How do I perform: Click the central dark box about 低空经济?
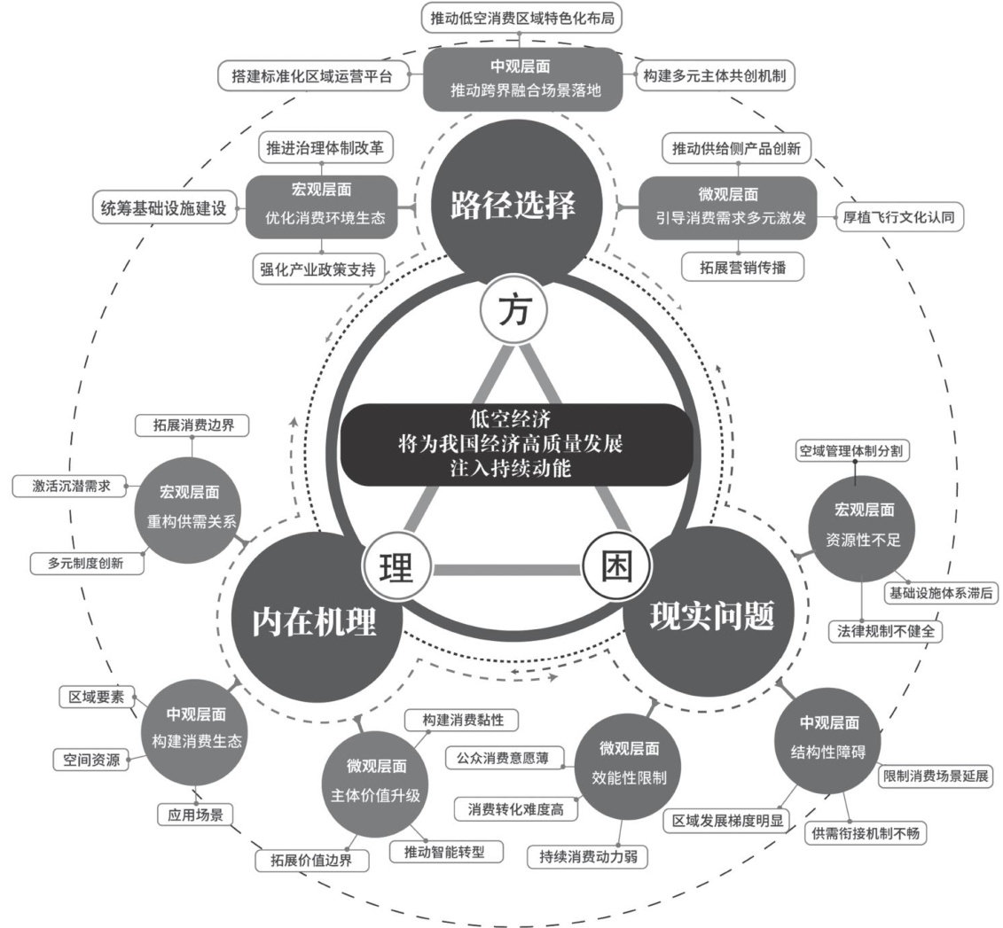(x=513, y=444)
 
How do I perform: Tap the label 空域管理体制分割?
(x=854, y=451)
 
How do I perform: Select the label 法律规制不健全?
(x=884, y=631)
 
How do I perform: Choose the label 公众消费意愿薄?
(x=505, y=759)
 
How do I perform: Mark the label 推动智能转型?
(x=447, y=852)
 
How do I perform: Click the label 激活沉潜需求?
(x=67, y=486)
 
